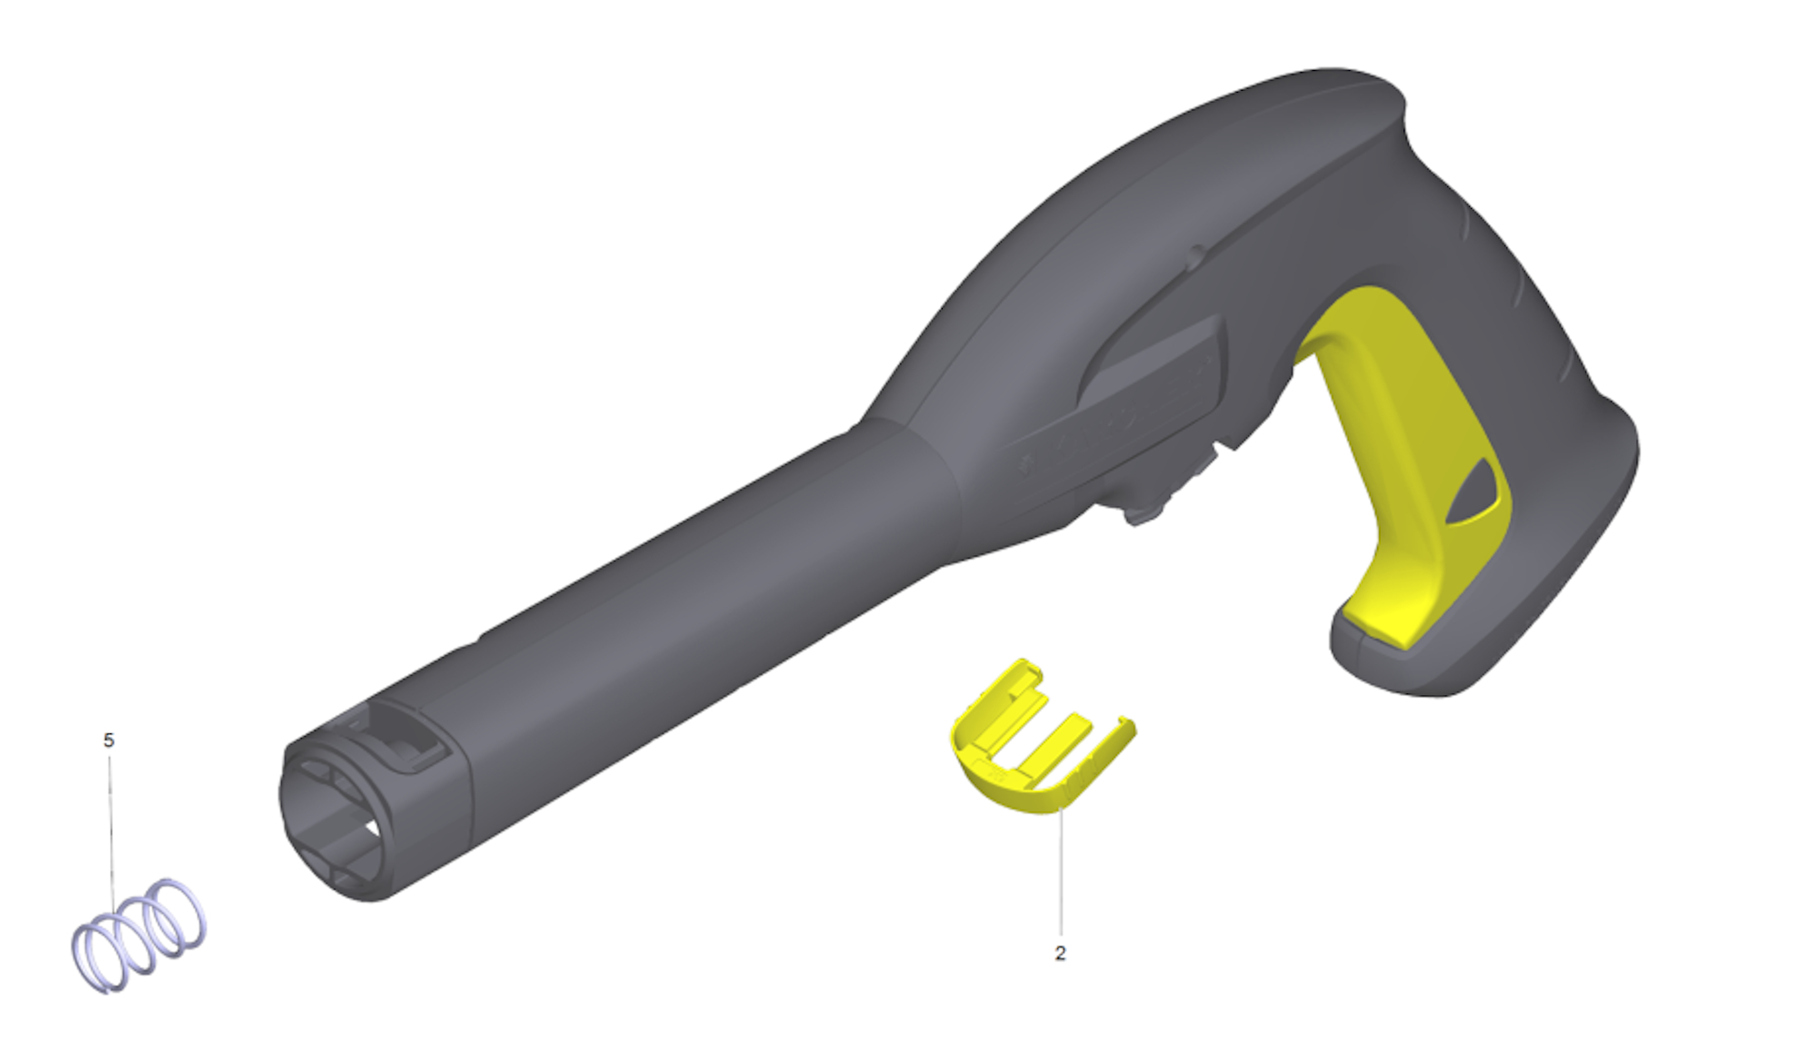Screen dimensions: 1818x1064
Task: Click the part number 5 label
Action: (109, 741)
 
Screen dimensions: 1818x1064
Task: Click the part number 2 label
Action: (1060, 953)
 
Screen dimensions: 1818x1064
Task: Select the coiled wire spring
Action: (139, 936)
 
